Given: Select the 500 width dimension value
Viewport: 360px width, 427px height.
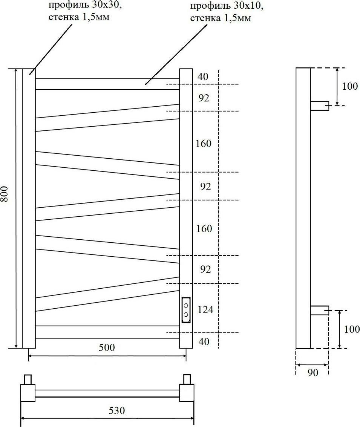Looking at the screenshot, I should coord(107,347).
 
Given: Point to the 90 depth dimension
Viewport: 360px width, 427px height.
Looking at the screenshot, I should coord(313,373).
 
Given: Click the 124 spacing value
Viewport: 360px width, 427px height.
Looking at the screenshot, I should coord(205,310).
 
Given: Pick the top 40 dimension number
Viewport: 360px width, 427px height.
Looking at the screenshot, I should coord(203,77).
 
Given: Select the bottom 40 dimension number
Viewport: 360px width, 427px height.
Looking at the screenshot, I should coord(203,341).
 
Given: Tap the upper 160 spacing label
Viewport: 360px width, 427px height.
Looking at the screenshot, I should coord(204,144).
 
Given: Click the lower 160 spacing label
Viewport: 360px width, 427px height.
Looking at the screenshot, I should coord(204,228).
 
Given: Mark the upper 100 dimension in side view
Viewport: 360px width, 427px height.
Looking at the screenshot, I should coord(350,86).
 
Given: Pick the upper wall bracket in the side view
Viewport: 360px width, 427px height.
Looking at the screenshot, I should coord(319,106).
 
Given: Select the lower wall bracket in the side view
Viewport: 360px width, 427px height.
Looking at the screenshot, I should coord(319,311).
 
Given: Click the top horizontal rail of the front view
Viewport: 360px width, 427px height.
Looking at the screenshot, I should coord(107,84).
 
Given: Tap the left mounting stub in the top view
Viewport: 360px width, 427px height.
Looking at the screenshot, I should coord(28,379).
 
